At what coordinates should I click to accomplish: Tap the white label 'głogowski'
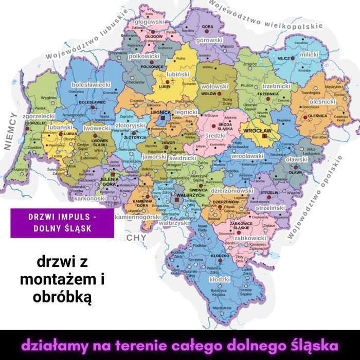(149, 23)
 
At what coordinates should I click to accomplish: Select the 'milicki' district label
(309, 54)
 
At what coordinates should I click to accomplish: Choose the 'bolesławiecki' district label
(92, 84)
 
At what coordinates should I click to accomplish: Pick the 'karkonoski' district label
(90, 198)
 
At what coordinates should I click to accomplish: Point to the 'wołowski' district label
(214, 86)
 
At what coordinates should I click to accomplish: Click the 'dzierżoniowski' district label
(233, 191)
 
